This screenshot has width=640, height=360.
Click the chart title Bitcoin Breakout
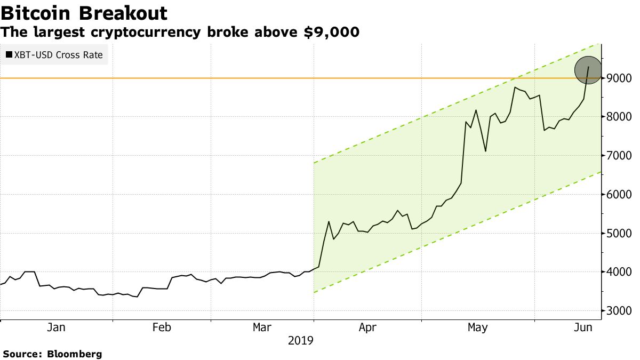pos(84,13)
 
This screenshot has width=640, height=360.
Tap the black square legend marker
pos(9,54)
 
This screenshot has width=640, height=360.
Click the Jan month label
pos(56,327)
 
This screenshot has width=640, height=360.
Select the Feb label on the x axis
pos(162,327)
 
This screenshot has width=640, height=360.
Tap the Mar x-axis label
pos(263,327)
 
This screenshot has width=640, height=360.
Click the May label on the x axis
pos(477,327)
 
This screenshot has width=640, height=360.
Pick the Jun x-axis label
pos(583,327)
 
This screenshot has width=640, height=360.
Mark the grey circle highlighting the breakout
pos(588,70)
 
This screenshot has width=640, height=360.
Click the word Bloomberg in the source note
pos(75,354)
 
